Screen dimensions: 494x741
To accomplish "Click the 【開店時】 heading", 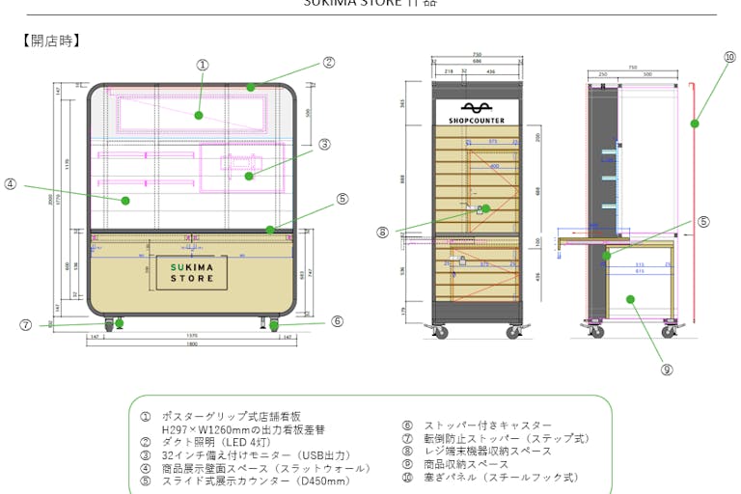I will [x=50, y=41].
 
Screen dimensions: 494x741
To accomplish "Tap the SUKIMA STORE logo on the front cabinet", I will [x=192, y=272].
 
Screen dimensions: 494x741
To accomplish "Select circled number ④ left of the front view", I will [x=11, y=183].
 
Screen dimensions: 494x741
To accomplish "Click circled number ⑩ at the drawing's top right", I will [x=729, y=57].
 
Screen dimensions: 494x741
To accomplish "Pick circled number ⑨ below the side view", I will [x=667, y=369].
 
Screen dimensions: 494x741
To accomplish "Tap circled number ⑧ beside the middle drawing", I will [x=384, y=232].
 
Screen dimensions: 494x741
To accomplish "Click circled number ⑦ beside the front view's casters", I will [x=26, y=325].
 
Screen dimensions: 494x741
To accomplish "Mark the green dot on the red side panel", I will [x=695, y=123].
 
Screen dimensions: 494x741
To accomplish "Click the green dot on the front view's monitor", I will [x=249, y=176].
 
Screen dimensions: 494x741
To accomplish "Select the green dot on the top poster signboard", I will [x=199, y=115].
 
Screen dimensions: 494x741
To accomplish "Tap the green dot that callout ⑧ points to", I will [x=485, y=208].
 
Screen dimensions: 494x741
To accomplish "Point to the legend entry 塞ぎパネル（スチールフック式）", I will [x=501, y=477].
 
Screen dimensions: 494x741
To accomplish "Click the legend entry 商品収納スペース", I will [x=466, y=464].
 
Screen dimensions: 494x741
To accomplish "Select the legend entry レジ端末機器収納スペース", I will [x=487, y=451].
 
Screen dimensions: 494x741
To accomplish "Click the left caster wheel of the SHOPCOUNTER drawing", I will [x=442, y=333].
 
